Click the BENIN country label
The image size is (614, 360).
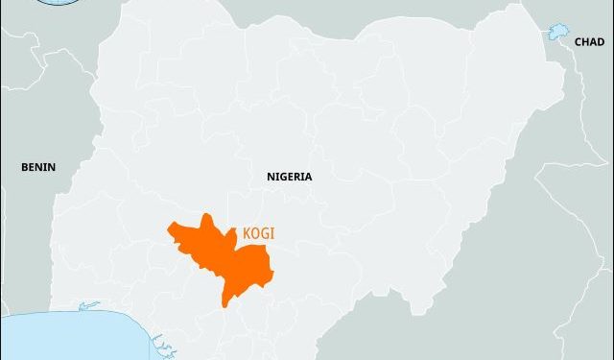point(38,167)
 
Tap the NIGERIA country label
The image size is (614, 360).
point(289,177)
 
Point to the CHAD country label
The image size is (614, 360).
point(588,42)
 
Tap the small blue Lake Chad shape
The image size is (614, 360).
point(556,34)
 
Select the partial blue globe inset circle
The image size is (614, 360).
point(58,3)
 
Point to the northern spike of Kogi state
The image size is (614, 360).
point(206,218)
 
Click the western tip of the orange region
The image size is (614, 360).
point(170,228)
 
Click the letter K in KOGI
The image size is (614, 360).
point(248,233)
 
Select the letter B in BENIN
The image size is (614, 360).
point(25,167)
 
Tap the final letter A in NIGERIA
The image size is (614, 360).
point(308,177)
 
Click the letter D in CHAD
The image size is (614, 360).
point(600,42)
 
